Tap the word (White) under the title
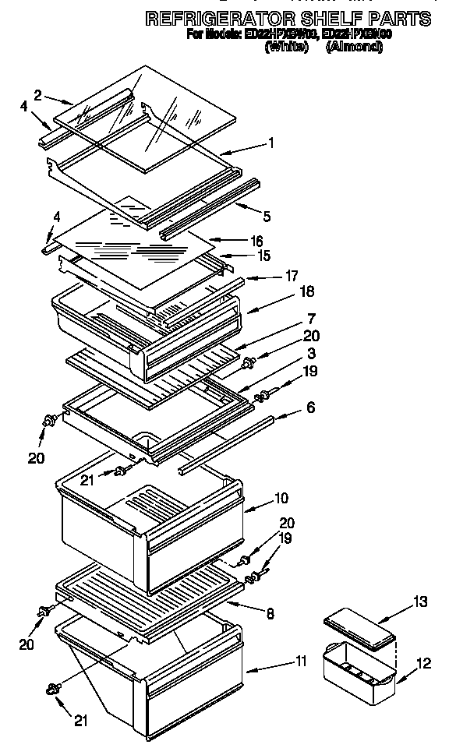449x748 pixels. [286, 48]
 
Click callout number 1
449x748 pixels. [270, 143]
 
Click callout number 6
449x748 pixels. [310, 408]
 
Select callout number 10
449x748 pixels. [281, 497]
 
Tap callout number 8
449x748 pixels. [270, 614]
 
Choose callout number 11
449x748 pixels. [301, 662]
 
